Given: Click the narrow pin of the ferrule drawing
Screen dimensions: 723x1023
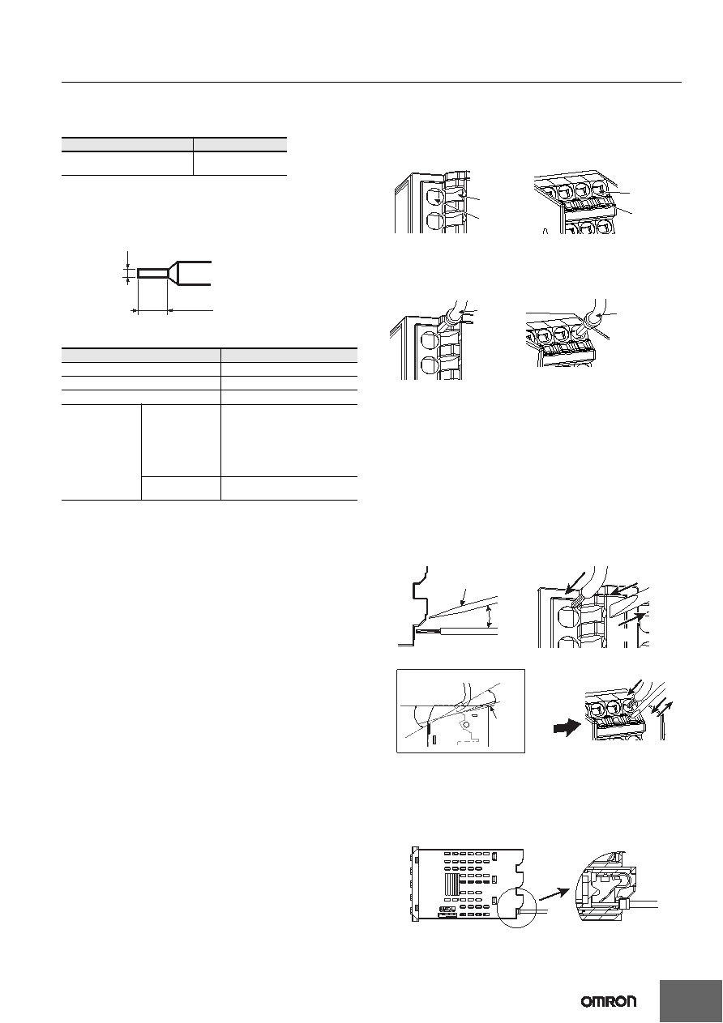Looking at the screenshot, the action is tap(153, 273).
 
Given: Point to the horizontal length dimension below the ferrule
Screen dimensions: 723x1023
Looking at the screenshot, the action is tap(172, 310).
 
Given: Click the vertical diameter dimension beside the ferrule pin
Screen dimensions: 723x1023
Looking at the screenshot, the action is tap(128, 268).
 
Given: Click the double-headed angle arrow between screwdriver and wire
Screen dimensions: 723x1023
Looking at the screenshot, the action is tap(490, 616).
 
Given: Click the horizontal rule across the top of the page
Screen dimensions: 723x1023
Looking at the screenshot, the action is tap(371, 83).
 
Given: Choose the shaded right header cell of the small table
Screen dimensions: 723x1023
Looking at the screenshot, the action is tap(240, 144).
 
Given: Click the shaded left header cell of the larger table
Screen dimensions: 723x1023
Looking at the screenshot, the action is tap(141, 356).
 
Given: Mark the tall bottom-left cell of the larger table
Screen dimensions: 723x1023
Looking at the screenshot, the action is tap(101, 452).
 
